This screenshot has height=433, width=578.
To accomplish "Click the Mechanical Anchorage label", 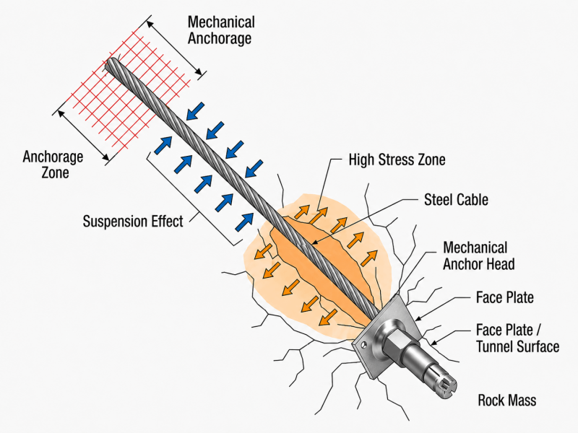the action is [x=221, y=30].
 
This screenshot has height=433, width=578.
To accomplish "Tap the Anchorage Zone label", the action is [x=53, y=165].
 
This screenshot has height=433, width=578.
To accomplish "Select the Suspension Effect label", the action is [x=133, y=222].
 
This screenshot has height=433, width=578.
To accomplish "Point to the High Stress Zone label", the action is [x=397, y=159].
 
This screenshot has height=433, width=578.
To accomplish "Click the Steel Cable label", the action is [x=456, y=200].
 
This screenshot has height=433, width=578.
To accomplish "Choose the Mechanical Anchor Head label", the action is [x=478, y=256].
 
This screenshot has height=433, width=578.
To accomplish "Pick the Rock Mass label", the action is [x=507, y=401].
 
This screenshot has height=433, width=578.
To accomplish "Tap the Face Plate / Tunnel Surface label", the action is [x=517, y=338].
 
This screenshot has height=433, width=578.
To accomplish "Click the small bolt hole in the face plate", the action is [x=364, y=345].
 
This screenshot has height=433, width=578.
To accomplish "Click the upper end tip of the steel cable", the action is [x=111, y=65].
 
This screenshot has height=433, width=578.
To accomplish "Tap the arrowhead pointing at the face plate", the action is [x=420, y=318].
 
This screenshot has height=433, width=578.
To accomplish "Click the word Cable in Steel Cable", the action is [x=473, y=200].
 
